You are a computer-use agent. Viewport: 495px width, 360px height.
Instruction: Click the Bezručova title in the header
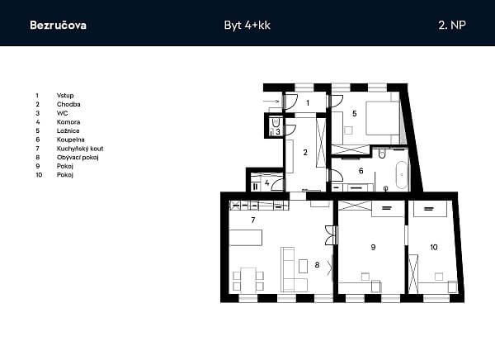58,26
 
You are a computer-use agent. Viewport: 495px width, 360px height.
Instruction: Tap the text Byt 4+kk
247,26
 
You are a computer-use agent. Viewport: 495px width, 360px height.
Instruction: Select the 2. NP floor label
452,25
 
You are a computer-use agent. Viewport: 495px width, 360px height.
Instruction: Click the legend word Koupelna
71,140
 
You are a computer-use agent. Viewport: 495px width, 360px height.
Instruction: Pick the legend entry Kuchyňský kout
80,149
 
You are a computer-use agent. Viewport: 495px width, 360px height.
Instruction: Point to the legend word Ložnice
68,130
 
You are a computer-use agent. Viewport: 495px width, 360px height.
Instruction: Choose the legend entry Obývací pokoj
78,158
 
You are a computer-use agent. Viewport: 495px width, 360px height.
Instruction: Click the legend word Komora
68,122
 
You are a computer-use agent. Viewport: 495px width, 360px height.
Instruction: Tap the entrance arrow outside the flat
271,102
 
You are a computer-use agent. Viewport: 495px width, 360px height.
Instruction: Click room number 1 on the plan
308,102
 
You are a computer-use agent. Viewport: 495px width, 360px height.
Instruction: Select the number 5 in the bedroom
355,113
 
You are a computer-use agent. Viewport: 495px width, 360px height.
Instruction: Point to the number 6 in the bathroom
361,171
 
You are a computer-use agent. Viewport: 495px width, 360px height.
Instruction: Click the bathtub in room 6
402,175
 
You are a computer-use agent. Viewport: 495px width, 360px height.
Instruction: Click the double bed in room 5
383,118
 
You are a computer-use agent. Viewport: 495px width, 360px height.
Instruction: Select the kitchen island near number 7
246,238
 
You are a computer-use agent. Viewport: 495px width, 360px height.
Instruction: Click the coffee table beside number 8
303,266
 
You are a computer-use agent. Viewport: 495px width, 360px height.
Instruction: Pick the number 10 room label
434,247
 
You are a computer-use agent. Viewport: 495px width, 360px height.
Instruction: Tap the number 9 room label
373,247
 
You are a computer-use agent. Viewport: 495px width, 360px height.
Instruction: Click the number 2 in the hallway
305,153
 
